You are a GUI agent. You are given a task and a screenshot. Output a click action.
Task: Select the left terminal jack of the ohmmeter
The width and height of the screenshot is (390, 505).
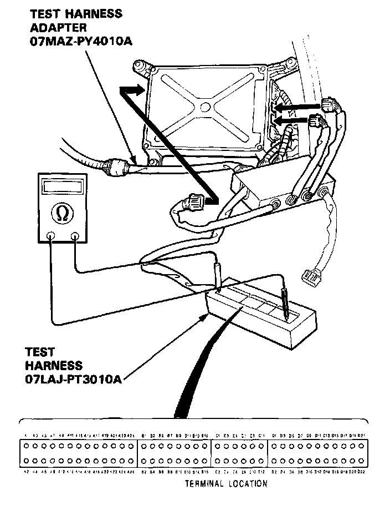click(x=51, y=236)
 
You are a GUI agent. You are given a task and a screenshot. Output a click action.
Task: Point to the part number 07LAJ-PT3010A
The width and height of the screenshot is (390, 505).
click(x=73, y=380)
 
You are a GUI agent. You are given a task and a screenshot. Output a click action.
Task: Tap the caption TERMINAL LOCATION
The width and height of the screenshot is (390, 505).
click(x=225, y=484)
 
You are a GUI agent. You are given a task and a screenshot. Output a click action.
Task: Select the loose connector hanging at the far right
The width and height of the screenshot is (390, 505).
click(x=309, y=275)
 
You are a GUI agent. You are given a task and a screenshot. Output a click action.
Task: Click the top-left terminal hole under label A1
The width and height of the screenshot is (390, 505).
click(x=27, y=446)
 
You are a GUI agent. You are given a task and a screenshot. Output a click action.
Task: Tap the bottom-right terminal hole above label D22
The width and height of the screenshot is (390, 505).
click(x=362, y=461)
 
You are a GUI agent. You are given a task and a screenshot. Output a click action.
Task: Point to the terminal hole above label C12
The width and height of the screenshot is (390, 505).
click(x=261, y=461)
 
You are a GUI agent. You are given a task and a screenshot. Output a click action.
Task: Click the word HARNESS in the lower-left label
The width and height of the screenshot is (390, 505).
click(x=53, y=366)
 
